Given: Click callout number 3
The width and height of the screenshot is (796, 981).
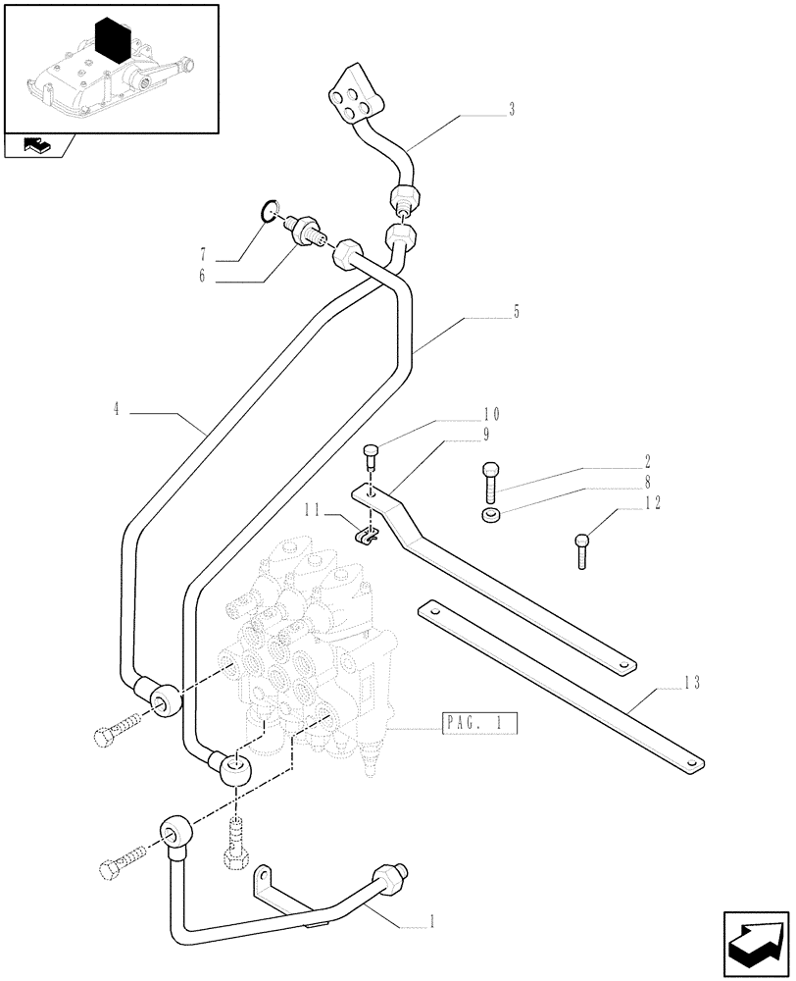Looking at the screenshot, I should (512, 111).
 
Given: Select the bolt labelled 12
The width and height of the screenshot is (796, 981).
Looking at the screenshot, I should (581, 549).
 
